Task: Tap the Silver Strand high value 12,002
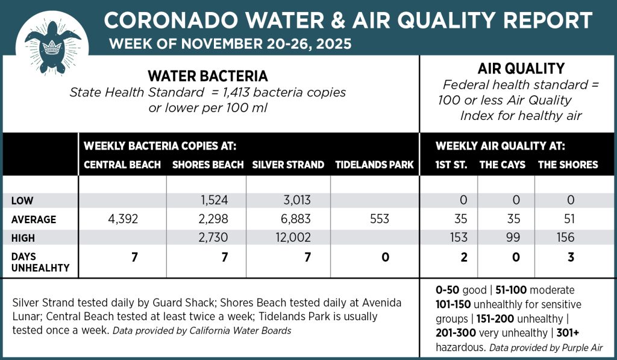[x=287, y=238]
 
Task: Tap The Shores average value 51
[x=570, y=219]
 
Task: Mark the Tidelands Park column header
[x=374, y=165]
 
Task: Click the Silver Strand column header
[x=288, y=165]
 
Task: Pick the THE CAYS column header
[x=503, y=165]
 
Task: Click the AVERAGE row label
[x=34, y=219]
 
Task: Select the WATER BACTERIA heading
[x=208, y=77]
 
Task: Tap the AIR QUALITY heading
[x=521, y=69]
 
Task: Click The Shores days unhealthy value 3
[x=570, y=257]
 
